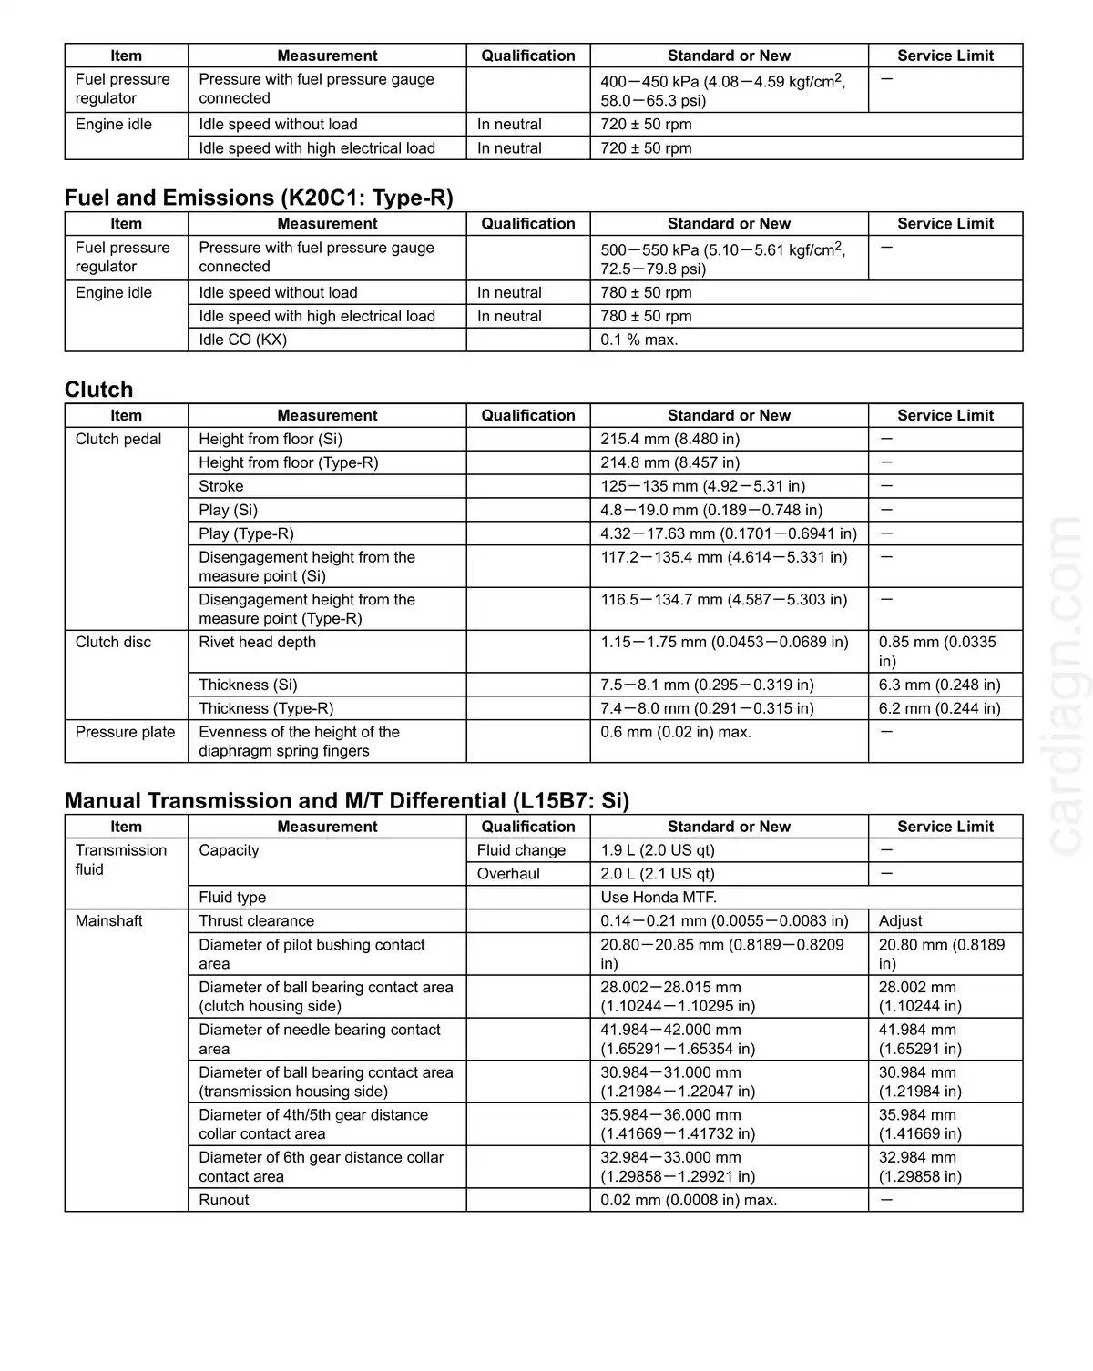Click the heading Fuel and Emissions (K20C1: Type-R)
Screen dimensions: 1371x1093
pos(259,198)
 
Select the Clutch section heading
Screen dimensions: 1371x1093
pos(98,390)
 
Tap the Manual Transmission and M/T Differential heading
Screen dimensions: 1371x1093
pos(346,801)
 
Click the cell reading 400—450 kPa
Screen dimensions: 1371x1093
pos(722,90)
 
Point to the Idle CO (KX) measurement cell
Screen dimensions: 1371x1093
pos(243,340)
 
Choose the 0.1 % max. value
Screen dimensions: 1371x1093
pos(639,340)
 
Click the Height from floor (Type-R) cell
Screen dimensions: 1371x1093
pos(289,462)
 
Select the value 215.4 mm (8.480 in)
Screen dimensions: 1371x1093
pos(669,439)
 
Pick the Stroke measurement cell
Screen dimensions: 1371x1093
pos(221,486)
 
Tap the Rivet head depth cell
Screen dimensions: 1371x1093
pos(258,642)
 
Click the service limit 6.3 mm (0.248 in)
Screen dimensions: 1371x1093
pos(939,685)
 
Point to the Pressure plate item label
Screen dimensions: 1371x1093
pos(125,732)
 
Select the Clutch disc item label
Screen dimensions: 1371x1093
pos(114,642)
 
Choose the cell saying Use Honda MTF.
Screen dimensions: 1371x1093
pos(659,898)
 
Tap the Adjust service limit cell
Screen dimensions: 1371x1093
pos(901,921)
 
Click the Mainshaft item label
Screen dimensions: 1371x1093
pos(109,921)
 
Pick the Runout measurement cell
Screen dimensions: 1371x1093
pos(224,1200)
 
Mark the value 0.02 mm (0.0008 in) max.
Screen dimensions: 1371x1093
pos(689,1200)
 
